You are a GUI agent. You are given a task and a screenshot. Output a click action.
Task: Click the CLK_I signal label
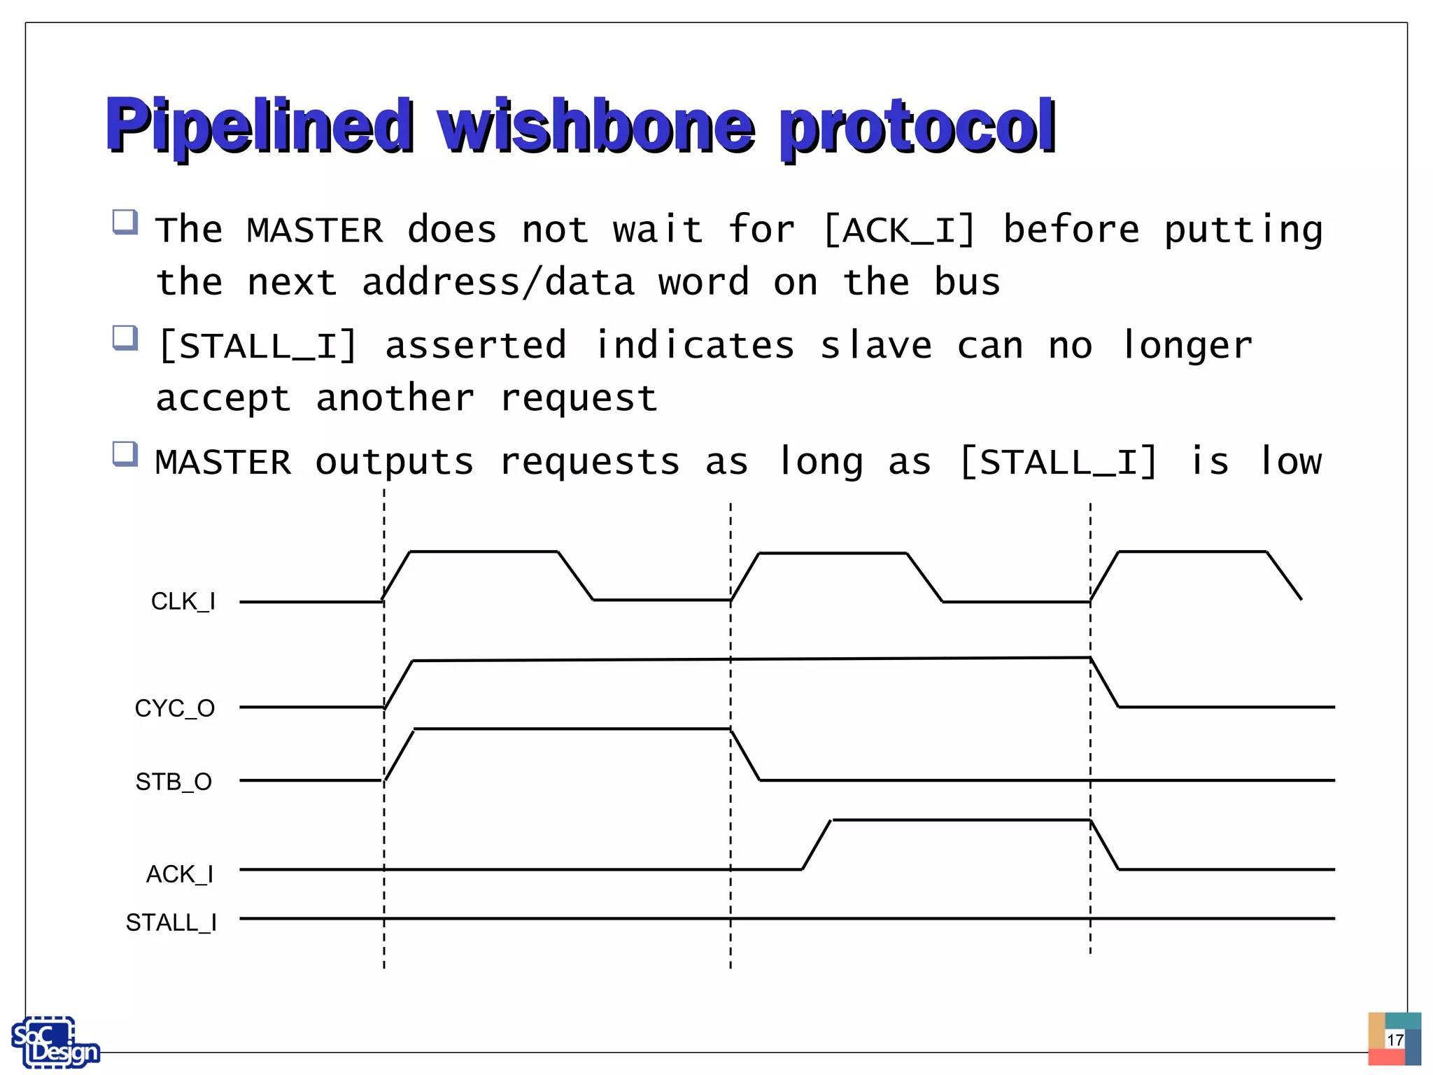183,602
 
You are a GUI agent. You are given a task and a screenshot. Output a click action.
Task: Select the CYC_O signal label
175,708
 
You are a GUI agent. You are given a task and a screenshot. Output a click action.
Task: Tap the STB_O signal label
174,782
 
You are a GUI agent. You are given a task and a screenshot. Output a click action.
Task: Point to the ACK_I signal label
180,874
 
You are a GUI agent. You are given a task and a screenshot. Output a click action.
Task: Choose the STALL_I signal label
171,922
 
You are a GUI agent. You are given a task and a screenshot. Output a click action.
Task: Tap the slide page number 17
1395,1039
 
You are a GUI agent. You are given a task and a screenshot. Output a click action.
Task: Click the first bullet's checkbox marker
125,222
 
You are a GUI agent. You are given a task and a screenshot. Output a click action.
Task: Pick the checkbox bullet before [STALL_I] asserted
125,337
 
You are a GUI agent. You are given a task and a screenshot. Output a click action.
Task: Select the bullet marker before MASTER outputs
125,453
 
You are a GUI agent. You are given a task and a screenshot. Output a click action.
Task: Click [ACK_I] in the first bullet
900,230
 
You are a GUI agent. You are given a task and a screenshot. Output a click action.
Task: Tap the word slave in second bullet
876,345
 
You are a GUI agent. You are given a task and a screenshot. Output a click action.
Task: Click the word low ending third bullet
1290,461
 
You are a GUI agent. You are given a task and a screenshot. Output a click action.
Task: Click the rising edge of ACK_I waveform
817,845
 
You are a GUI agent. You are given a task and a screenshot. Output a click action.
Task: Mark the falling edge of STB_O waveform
745,754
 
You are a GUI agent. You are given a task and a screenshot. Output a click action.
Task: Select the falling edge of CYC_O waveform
1105,682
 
